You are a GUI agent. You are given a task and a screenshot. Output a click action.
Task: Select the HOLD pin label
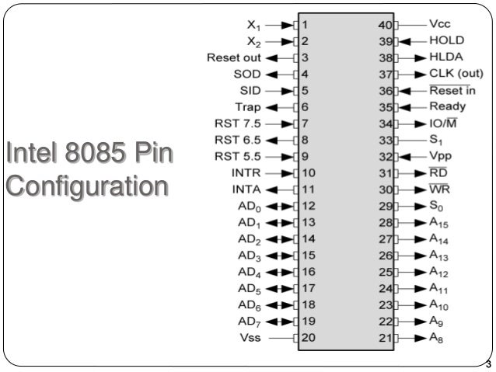point(447,40)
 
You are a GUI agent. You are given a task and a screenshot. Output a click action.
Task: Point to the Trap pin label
point(248,106)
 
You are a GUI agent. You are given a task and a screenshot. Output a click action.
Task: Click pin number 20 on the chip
point(309,339)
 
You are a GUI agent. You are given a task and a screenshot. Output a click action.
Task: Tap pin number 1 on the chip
point(306,25)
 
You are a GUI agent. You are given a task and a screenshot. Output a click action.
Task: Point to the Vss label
point(253,339)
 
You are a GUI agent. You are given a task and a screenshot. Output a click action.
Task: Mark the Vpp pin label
point(441,155)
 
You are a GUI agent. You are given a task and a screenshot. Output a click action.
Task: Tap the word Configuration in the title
point(86,186)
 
